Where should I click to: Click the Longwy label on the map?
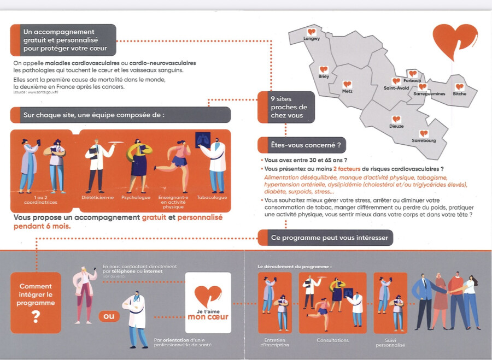point(312,39)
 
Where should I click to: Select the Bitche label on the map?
point(460,94)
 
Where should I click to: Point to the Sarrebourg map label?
point(424,141)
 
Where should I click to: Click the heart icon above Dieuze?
point(396,119)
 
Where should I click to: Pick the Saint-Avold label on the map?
point(396,88)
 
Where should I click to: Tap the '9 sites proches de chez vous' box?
point(286,107)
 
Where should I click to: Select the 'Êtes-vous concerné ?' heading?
point(301,145)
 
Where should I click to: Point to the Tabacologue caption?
point(212,197)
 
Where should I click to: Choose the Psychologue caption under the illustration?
point(136,197)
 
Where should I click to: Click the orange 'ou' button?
point(109,316)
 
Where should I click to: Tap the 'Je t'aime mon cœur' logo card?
point(208,303)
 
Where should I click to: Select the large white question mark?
point(36,316)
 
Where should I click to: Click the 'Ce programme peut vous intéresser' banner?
point(325,238)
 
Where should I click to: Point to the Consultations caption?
point(332,340)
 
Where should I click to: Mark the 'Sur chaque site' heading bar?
point(120,115)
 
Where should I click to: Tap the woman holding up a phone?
point(86,292)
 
